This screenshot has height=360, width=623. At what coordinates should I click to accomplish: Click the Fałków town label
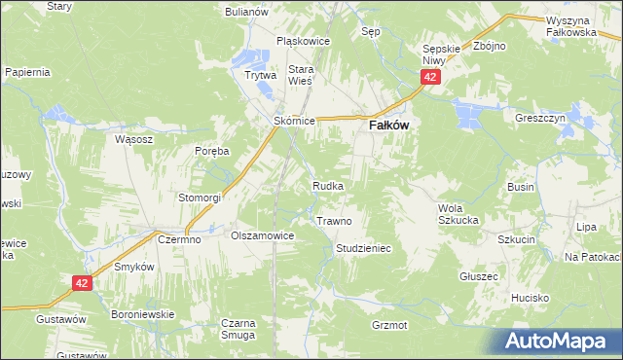tap(387, 126)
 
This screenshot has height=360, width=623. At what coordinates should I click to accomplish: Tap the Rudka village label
tap(327, 185)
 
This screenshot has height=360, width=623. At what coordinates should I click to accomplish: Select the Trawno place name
tap(334, 221)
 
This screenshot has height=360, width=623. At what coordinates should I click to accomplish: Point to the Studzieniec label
tap(363, 249)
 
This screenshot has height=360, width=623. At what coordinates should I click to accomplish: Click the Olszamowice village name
tap(262, 235)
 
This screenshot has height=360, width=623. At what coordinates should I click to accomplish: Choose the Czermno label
tap(180, 239)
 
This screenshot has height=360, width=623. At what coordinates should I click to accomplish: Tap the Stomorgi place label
tap(200, 198)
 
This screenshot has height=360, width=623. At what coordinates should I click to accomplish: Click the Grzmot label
tap(389, 324)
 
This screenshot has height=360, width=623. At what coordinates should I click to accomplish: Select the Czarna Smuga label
tap(238, 328)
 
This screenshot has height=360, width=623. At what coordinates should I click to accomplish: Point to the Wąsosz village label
tap(134, 139)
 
